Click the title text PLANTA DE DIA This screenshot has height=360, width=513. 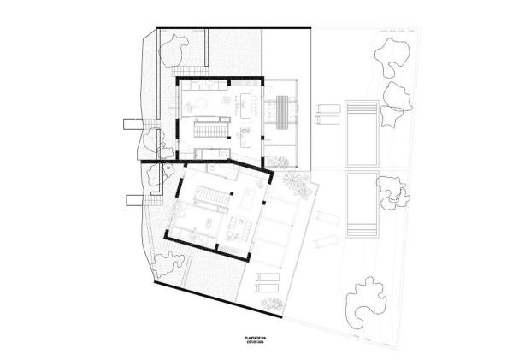tap(256, 339)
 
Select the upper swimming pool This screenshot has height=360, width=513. tap(358, 133)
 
